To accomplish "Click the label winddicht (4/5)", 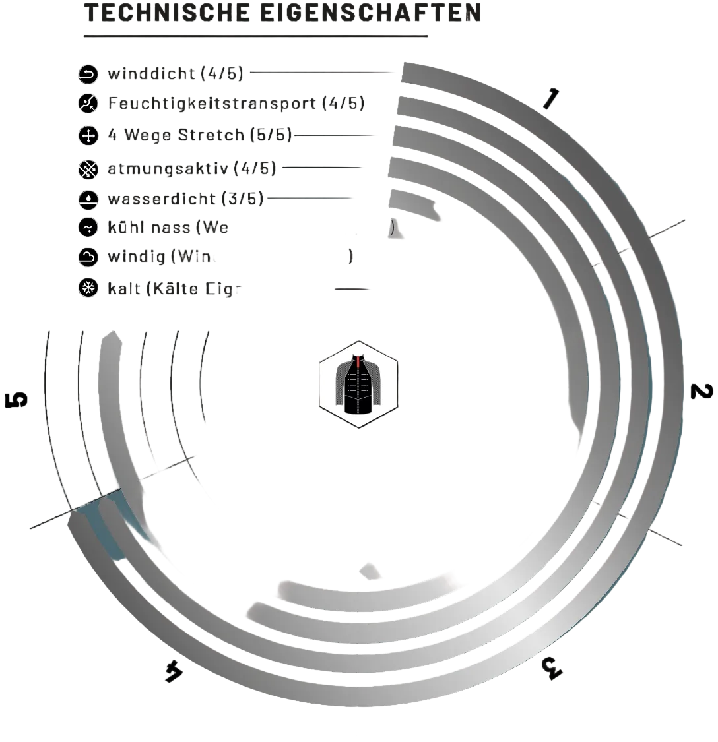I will coord(176,73).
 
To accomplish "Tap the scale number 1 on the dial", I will coord(550,98).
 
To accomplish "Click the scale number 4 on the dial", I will coord(173,671).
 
